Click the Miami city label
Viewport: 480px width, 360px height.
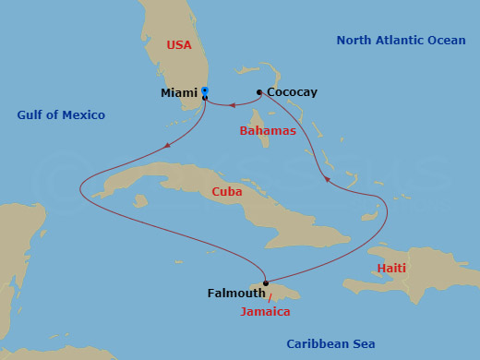tap(179, 92)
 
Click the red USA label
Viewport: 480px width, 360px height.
tap(178, 44)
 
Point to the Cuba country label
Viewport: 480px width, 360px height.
tap(227, 192)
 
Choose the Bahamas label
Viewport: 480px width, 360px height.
tap(268, 131)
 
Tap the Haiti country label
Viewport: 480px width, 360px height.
tap(391, 269)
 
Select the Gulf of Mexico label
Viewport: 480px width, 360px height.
tap(61, 115)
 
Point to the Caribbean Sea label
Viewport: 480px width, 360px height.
tap(330, 343)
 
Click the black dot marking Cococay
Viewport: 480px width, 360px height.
tap(259, 91)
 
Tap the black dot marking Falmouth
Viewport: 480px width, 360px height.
tap(266, 283)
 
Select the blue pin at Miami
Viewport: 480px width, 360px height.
tap(205, 91)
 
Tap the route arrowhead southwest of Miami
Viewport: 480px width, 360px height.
tap(166, 144)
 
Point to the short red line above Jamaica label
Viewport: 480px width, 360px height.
tap(270, 297)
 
